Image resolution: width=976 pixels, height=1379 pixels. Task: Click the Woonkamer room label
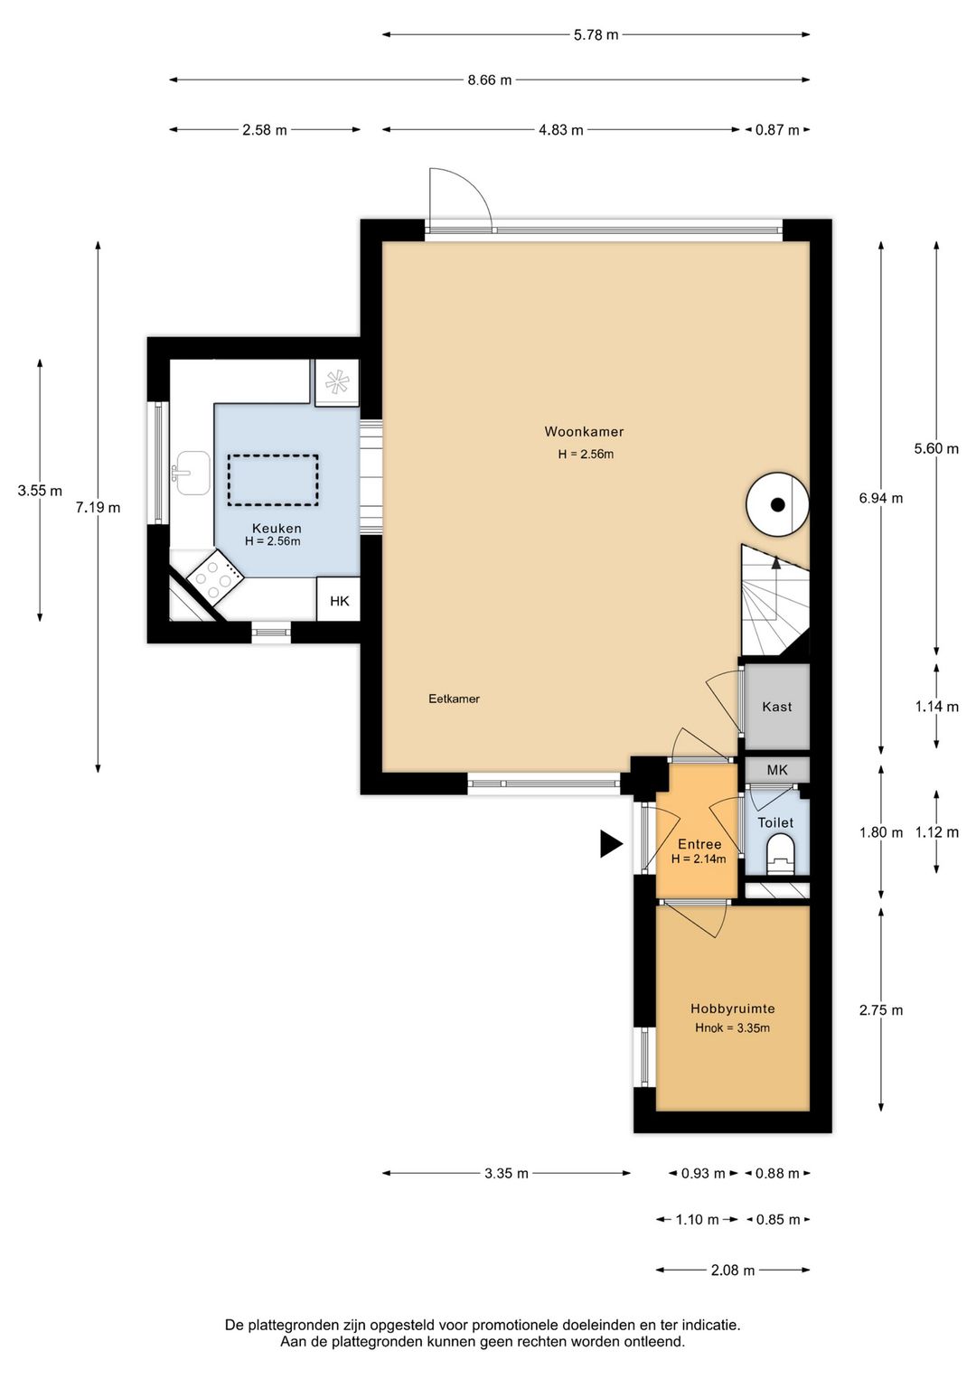click(x=584, y=432)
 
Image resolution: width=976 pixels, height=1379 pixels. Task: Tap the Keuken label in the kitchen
click(x=277, y=529)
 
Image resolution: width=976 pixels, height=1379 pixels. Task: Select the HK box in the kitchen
click(x=338, y=599)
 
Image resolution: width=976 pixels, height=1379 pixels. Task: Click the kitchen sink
click(x=192, y=474)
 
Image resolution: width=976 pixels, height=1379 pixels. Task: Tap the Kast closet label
click(x=776, y=707)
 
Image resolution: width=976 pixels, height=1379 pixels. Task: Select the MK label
click(x=777, y=770)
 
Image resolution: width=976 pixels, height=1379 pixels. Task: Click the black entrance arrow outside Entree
click(x=612, y=843)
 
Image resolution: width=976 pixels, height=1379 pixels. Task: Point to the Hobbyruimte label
click(x=732, y=1008)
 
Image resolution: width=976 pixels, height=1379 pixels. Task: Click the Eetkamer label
click(x=454, y=699)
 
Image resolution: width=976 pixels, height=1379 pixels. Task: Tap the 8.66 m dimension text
click(x=490, y=80)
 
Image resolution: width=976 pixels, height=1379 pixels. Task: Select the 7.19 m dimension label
click(x=98, y=508)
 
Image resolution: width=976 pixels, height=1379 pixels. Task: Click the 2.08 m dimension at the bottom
click(x=733, y=1270)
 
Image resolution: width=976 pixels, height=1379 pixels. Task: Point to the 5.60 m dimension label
click(x=936, y=449)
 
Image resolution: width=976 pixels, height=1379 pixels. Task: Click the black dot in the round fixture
click(x=778, y=505)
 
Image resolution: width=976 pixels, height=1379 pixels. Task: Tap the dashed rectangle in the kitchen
click(x=274, y=480)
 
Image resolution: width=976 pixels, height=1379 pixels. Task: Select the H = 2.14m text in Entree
click(x=699, y=858)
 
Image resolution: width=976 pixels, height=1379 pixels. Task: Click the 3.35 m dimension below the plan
click(x=506, y=1173)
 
